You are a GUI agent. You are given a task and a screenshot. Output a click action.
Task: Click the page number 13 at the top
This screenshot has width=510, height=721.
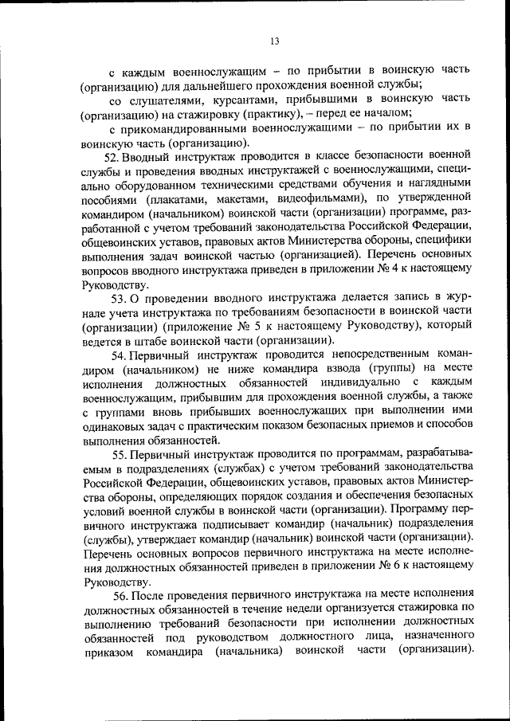point(273,41)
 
